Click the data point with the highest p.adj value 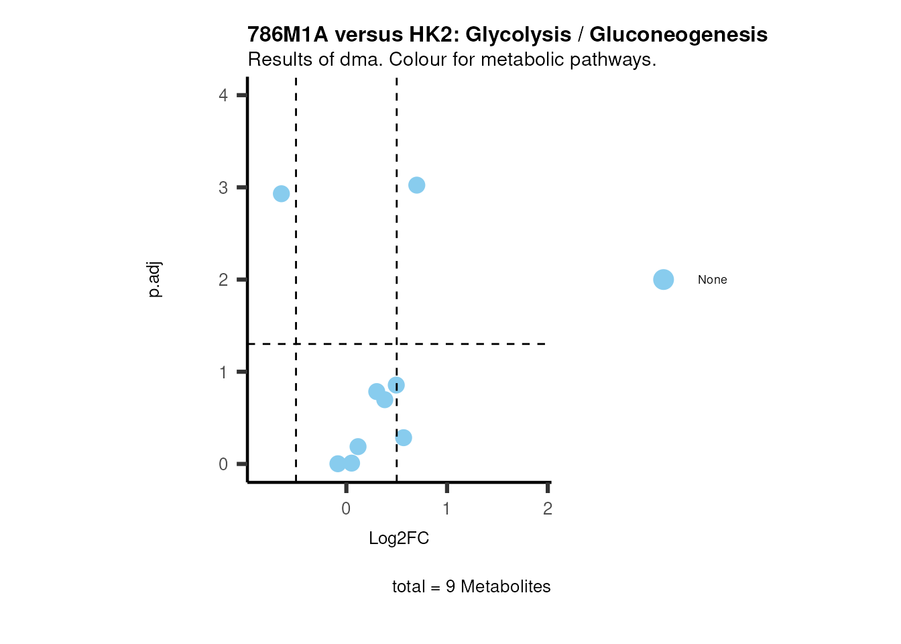[x=416, y=185]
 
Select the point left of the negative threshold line [x=282, y=194]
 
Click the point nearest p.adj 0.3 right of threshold [x=404, y=438]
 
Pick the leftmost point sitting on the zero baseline [x=338, y=464]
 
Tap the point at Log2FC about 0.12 [x=358, y=447]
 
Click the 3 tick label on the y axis [x=223, y=188]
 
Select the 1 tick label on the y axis [x=223, y=372]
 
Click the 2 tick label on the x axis [x=548, y=509]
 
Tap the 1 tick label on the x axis [x=446, y=509]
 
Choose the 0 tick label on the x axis [x=346, y=509]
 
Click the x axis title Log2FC [x=399, y=539]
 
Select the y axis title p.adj [x=155, y=280]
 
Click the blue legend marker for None [x=663, y=280]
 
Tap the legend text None [x=712, y=280]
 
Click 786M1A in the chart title [x=288, y=34]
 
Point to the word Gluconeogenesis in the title [x=678, y=34]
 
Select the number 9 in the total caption [x=450, y=587]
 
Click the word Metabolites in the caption [x=505, y=587]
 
